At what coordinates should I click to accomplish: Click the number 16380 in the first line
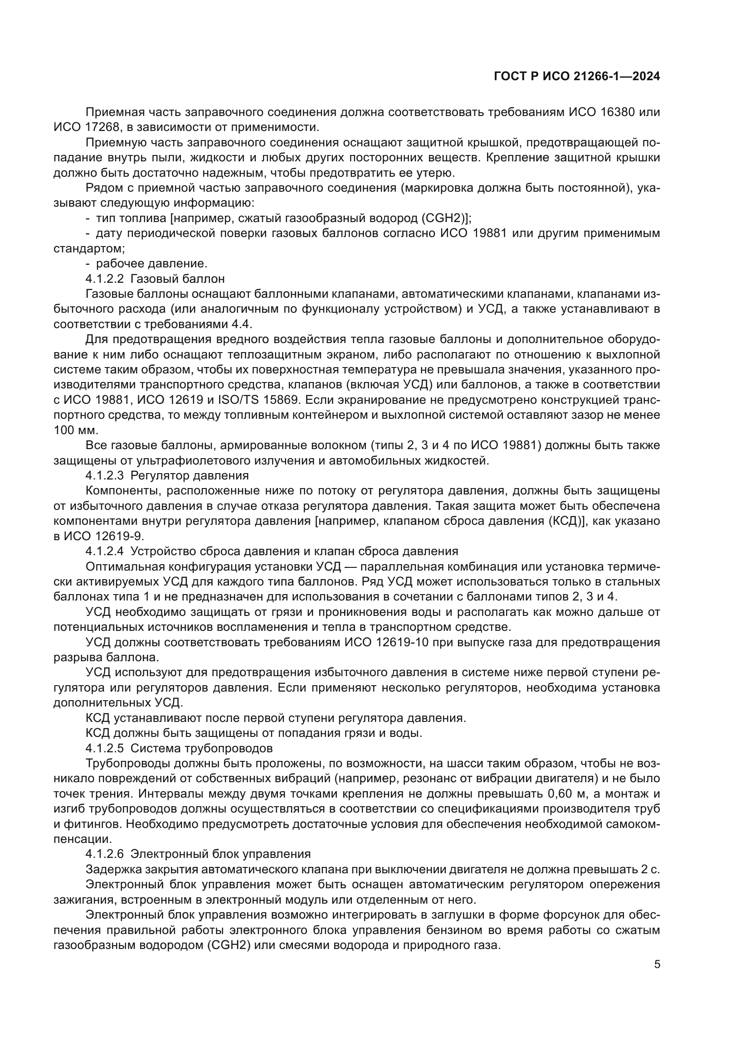tap(608, 112)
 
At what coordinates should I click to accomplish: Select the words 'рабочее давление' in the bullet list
tap(151, 264)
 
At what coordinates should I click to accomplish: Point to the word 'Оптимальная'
tap(123, 566)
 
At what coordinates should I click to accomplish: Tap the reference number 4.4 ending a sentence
tap(242, 324)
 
